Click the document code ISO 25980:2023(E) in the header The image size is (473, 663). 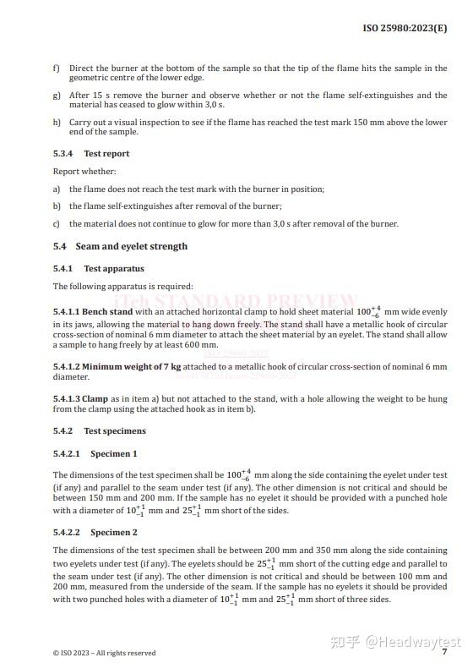(405, 28)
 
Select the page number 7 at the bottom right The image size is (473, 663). (444, 651)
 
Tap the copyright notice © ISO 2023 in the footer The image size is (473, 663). (104, 652)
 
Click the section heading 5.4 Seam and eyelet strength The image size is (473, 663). (120, 246)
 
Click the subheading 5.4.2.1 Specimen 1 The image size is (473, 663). (95, 454)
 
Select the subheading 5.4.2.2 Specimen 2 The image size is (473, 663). (95, 533)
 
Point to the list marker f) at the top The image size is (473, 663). (56, 68)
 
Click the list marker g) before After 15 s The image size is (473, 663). (56, 96)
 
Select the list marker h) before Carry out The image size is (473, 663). (56, 123)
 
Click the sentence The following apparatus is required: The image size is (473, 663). (122, 287)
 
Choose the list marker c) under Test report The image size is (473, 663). (56, 224)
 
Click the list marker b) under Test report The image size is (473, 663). (56, 206)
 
